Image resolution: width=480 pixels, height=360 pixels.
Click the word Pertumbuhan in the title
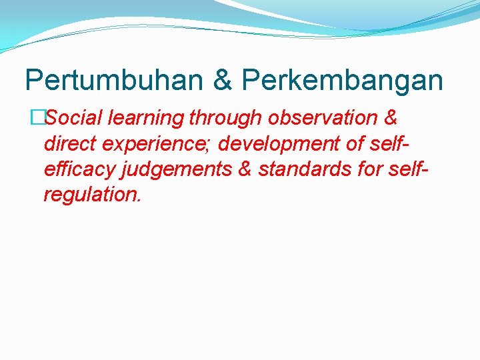click(113, 81)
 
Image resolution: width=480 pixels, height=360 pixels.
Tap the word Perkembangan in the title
click(342, 81)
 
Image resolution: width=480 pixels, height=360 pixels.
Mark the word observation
click(323, 118)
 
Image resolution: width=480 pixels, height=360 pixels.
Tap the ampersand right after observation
click(391, 118)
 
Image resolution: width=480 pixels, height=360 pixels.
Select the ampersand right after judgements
click(245, 170)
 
